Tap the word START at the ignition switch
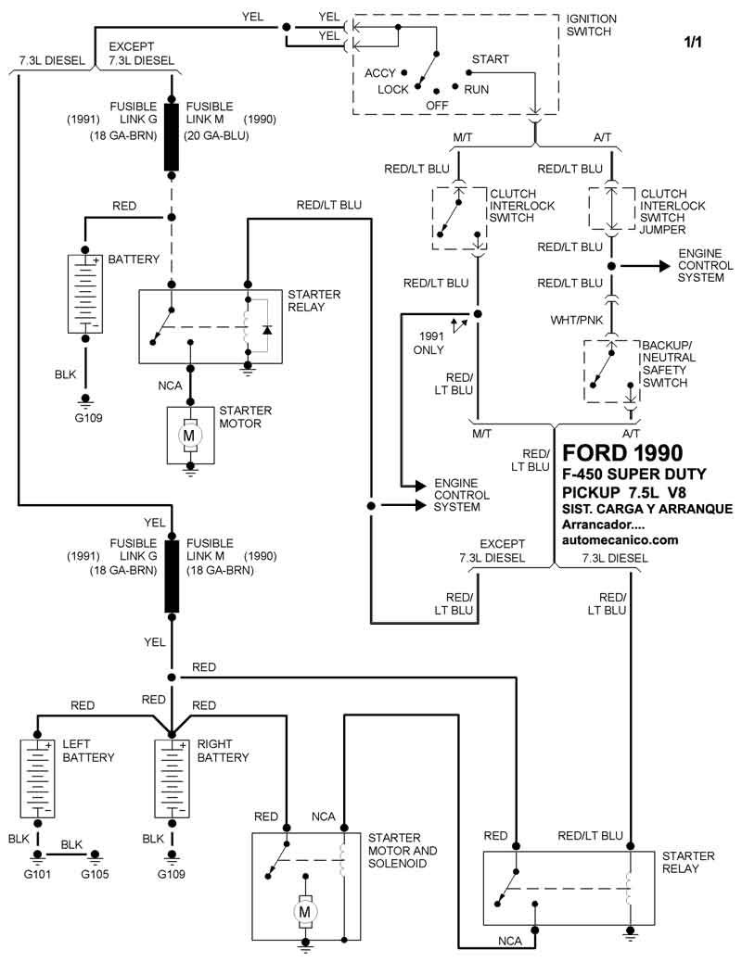[490, 59]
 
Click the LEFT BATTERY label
[88, 751]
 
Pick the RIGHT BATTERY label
[223, 751]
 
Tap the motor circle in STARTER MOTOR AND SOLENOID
[304, 912]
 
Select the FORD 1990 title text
[622, 453]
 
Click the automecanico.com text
[620, 539]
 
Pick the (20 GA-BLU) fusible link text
[217, 135]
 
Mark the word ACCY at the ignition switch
[380, 73]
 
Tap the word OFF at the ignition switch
[438, 107]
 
